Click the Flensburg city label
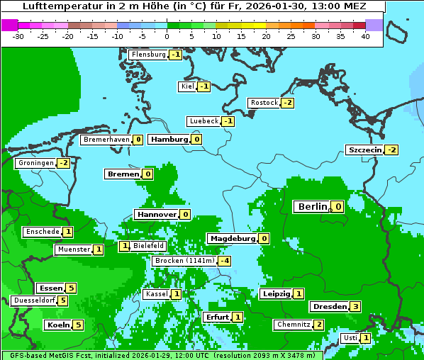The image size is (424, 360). click(x=148, y=55)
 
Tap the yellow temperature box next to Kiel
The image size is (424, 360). click(x=204, y=86)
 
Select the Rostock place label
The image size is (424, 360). click(x=264, y=103)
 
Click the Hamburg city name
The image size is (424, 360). click(x=169, y=140)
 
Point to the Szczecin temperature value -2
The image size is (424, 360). click(x=391, y=150)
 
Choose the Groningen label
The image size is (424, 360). click(x=35, y=163)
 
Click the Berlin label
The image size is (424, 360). click(x=312, y=207)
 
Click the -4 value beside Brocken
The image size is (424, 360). click(x=225, y=261)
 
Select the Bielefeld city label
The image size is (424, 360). click(x=148, y=246)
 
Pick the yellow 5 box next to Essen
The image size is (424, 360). click(x=71, y=288)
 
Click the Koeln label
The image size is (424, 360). click(x=58, y=325)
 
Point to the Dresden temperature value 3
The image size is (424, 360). click(x=356, y=307)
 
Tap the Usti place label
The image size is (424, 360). click(x=350, y=338)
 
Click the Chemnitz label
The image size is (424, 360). click(x=293, y=325)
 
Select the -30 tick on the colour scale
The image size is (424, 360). click(x=19, y=35)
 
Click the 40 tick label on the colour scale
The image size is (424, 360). click(x=365, y=35)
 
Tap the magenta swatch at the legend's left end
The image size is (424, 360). click(x=10, y=25)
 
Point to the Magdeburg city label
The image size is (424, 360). click(x=232, y=239)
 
